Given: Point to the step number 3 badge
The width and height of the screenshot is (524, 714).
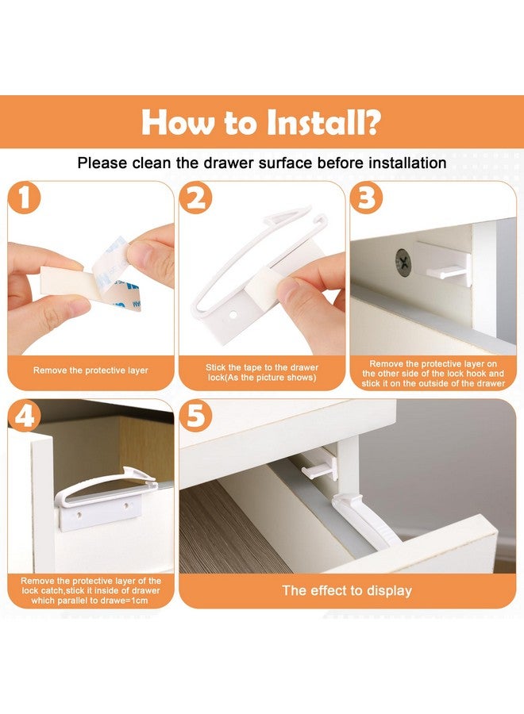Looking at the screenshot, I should coord(367,198).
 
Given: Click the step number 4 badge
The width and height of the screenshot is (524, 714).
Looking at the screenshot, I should coord(25,416).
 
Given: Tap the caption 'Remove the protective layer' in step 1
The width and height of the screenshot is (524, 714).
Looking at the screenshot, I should coord(91,370).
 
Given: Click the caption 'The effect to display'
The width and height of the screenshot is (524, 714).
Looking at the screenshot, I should coord(347,591).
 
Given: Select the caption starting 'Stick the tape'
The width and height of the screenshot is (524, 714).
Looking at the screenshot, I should coord(261,371).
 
